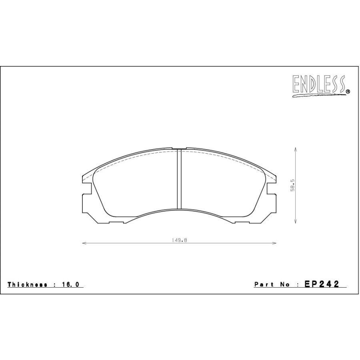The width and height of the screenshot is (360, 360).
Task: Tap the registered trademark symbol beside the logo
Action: [x=348, y=92]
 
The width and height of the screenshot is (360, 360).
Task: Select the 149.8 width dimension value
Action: [x=179, y=240]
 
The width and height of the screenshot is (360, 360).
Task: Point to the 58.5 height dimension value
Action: [x=292, y=186]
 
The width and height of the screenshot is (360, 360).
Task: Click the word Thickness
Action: [x=28, y=284]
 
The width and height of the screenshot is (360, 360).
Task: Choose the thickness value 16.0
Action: [x=70, y=284]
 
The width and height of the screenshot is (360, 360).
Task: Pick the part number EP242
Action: [x=322, y=284]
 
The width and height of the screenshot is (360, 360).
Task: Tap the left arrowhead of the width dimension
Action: [x=84, y=243]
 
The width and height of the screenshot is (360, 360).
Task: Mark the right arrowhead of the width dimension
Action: [x=274, y=243]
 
